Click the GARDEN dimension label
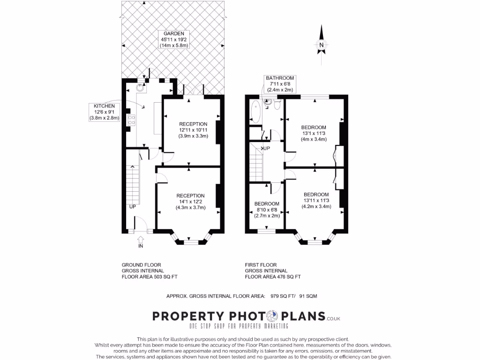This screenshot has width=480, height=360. pos(173,39)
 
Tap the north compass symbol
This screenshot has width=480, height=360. pos(322,45)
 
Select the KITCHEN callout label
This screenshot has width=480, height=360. pos(104,112)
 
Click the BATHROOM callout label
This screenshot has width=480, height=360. pos(280,83)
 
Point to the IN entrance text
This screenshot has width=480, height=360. pos(141,246)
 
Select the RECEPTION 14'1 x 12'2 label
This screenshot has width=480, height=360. pos(190,202)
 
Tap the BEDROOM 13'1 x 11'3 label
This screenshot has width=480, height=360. pos(313,133)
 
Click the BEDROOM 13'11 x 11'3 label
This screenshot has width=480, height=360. pos(315,200)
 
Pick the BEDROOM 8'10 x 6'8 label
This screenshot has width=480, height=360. pos(266,210)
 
